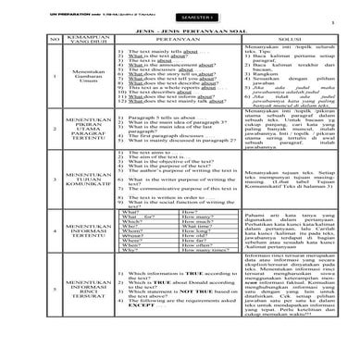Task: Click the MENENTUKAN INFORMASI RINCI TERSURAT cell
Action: click(x=57, y=333)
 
